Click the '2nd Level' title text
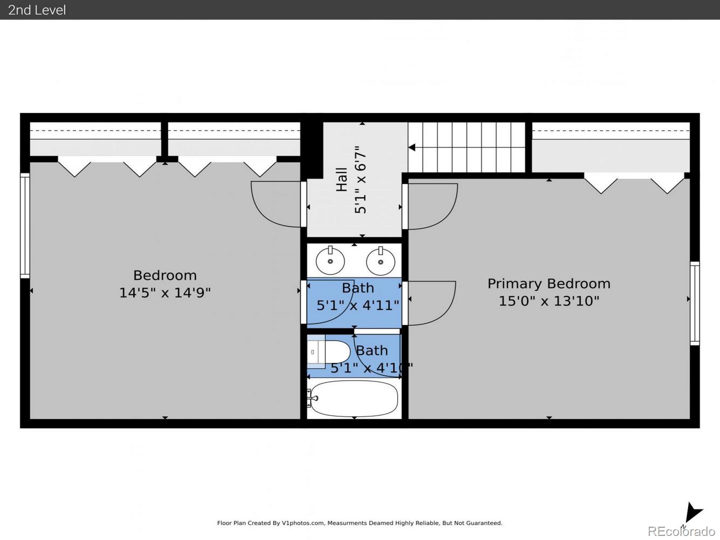[x=37, y=10]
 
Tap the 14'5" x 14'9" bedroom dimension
[x=165, y=292]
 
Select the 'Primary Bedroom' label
[x=549, y=284]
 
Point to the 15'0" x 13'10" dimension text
[x=549, y=301]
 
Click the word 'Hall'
[x=342, y=180]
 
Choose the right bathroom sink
[x=381, y=261]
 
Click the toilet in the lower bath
[x=328, y=352]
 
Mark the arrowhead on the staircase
[x=412, y=148]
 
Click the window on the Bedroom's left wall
[x=25, y=225]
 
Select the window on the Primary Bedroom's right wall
[x=695, y=303]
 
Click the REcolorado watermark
[x=681, y=531]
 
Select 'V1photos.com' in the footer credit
[x=303, y=523]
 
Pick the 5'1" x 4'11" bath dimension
[x=358, y=306]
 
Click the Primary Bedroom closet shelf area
[x=611, y=147]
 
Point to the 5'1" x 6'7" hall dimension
[x=360, y=180]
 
